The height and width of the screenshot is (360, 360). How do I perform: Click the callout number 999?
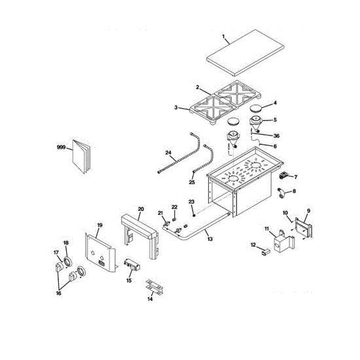[61, 147]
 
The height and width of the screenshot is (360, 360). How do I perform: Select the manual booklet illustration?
[82, 156]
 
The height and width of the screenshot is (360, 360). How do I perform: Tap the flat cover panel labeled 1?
[245, 52]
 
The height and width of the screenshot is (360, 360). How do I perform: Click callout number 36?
[276, 135]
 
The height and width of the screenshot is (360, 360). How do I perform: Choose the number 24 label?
[168, 153]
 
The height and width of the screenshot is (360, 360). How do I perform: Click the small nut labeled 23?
[194, 215]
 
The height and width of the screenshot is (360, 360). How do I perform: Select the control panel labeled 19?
[100, 252]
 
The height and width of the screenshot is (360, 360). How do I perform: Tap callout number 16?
[59, 293]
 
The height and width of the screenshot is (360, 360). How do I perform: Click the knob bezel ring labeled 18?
[67, 262]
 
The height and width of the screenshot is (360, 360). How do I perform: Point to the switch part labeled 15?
[132, 264]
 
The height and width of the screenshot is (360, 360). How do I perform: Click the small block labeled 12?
[266, 253]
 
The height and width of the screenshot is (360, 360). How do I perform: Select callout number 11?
[266, 228]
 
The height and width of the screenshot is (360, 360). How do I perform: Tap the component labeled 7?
[283, 175]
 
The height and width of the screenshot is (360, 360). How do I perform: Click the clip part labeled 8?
[281, 192]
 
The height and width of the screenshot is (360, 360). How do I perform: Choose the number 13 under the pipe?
[210, 239]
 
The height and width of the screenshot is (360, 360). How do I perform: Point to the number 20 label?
[141, 209]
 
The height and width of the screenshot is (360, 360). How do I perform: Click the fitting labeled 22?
[174, 219]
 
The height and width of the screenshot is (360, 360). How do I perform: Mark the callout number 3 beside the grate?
[176, 107]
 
